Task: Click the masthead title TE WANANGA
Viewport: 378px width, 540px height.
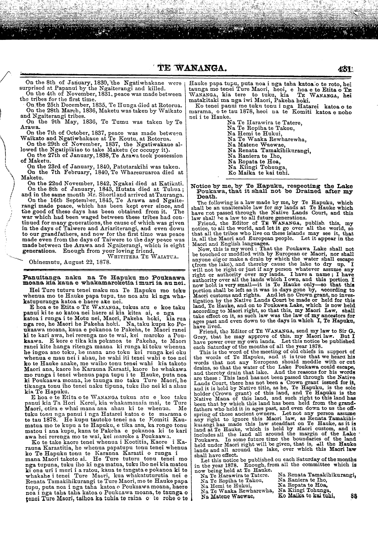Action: (x=188, y=70)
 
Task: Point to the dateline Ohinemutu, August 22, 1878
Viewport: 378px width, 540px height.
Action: (x=70, y=262)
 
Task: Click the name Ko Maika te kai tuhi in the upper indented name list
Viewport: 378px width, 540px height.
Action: (x=258, y=173)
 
